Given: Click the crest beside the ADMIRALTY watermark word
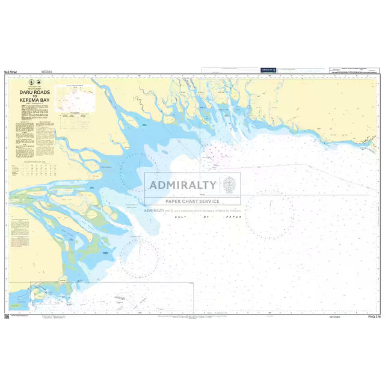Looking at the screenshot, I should [x=229, y=184].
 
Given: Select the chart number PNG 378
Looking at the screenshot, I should [x=374, y=316].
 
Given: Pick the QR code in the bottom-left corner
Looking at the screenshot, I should [x=7, y=315].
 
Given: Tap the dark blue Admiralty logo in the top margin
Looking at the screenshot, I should [x=267, y=70].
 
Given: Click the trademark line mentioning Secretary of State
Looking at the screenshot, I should [x=192, y=211].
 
